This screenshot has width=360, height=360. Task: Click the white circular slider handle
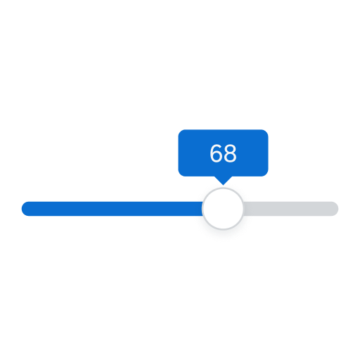pos(223,208)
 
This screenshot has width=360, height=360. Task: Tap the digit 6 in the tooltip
pos(216,153)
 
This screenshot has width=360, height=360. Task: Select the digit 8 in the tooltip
pos(230,153)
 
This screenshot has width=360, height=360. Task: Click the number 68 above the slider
pos(223,153)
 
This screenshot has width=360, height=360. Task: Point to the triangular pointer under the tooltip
pos(223,180)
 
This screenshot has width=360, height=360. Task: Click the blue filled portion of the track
pos(112,209)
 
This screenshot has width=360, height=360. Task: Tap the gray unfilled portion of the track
pos(290,209)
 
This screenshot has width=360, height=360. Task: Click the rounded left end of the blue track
pos(23,209)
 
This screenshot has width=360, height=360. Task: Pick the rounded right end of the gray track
pos(337,209)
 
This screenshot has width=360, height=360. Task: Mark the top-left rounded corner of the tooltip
pos(180,131)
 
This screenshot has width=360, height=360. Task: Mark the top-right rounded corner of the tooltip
pos(266,131)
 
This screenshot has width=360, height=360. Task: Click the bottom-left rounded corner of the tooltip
pos(180,174)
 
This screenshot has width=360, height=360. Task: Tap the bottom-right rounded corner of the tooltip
pos(266,174)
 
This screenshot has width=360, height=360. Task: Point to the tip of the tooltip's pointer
pos(223,185)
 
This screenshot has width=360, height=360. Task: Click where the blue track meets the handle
pos(202,209)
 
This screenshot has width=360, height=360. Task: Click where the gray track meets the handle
pos(243,209)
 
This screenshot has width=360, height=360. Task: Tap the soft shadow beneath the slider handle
pos(223,233)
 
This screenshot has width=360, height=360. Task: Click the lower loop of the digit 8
pos(230,157)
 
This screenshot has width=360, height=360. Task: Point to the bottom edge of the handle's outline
pos(223,229)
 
